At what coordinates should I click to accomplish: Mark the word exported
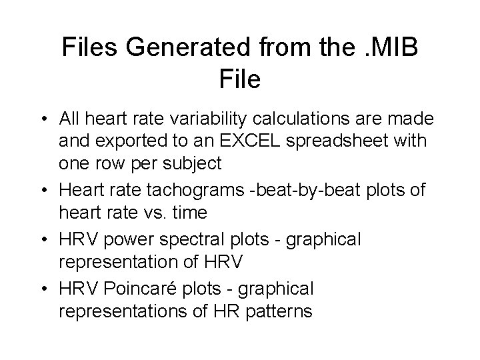119,142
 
